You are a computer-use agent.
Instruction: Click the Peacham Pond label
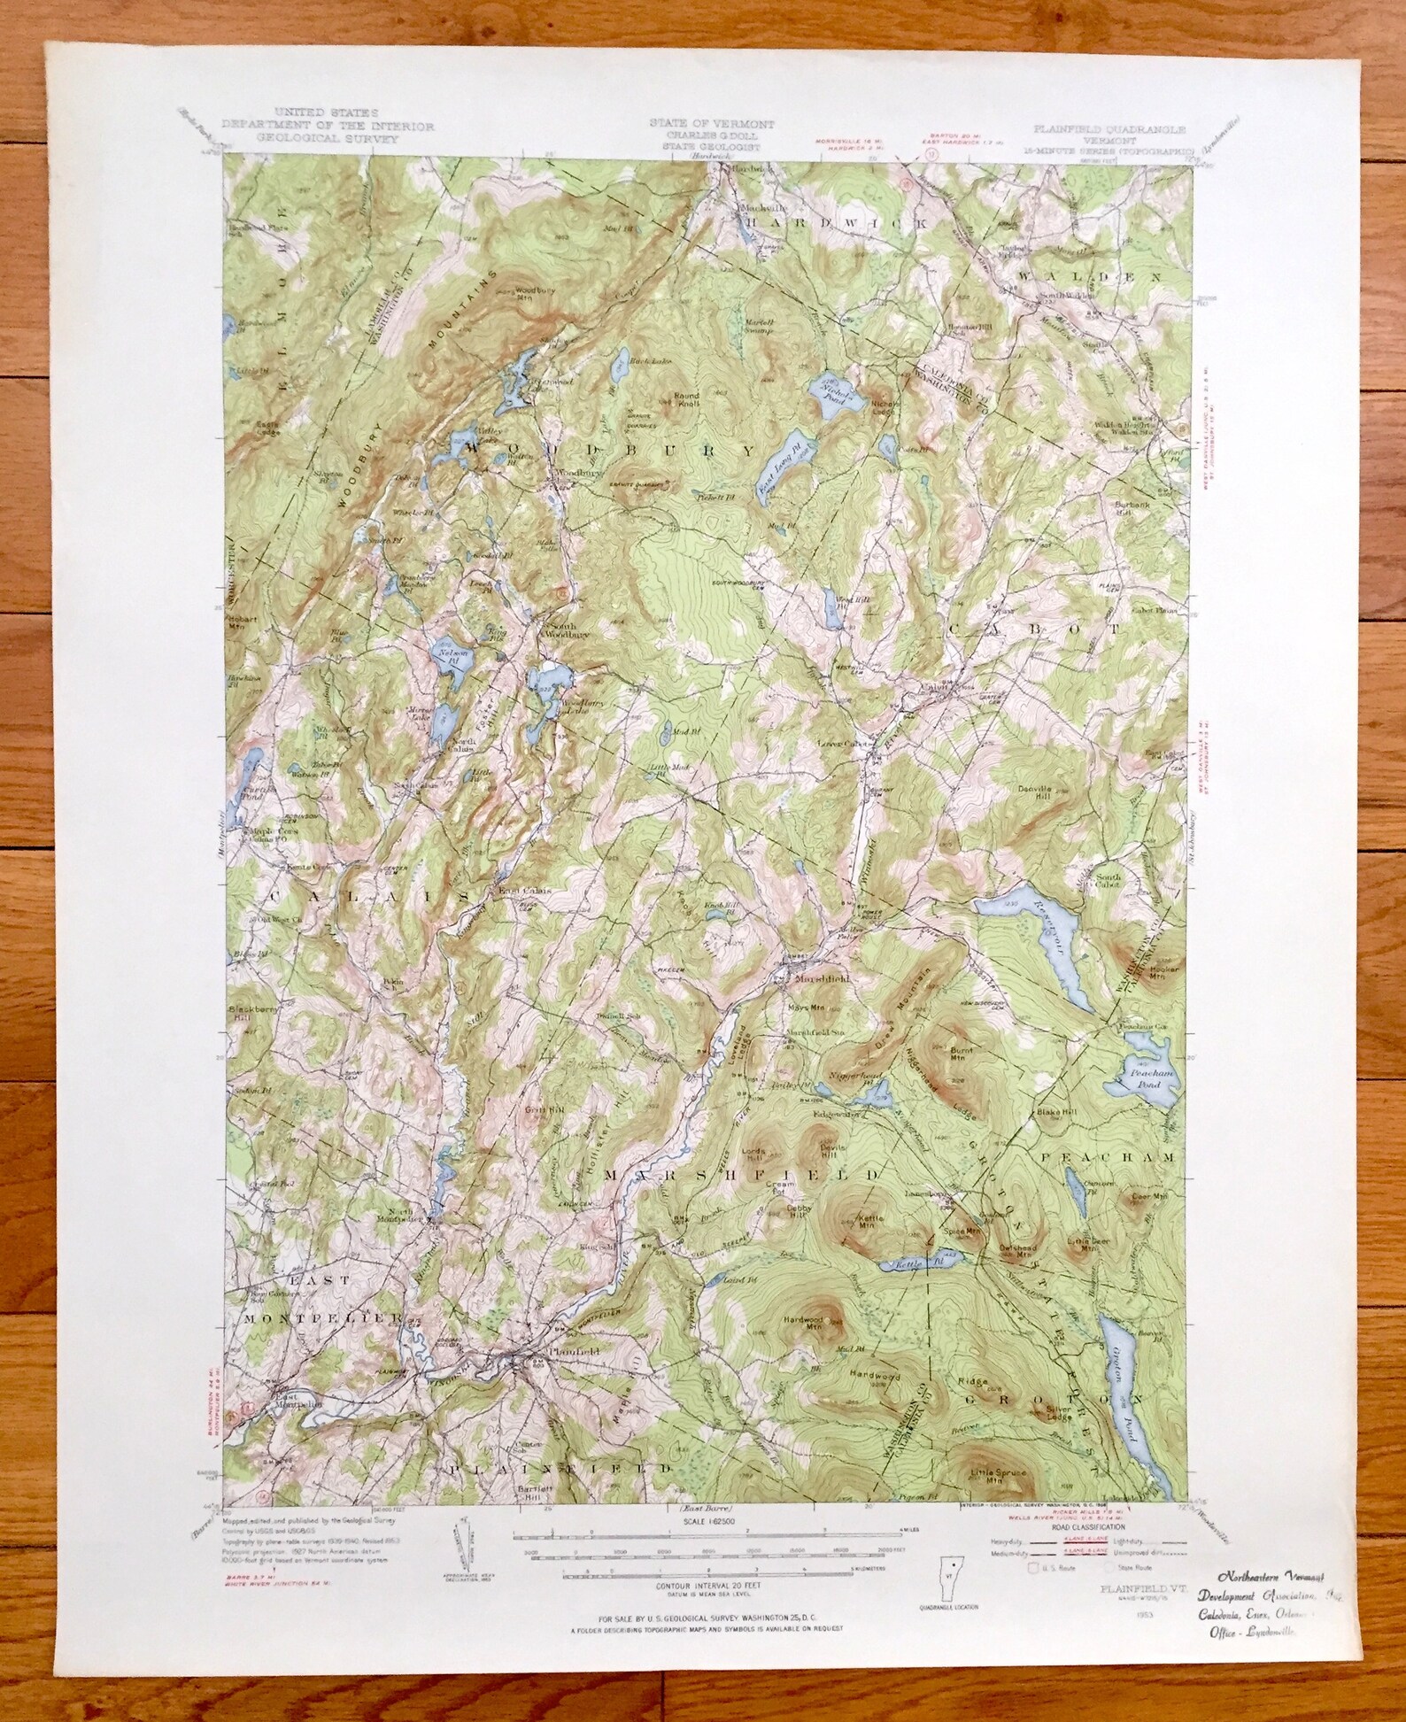(1142, 1077)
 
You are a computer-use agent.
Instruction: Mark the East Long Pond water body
(779, 459)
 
